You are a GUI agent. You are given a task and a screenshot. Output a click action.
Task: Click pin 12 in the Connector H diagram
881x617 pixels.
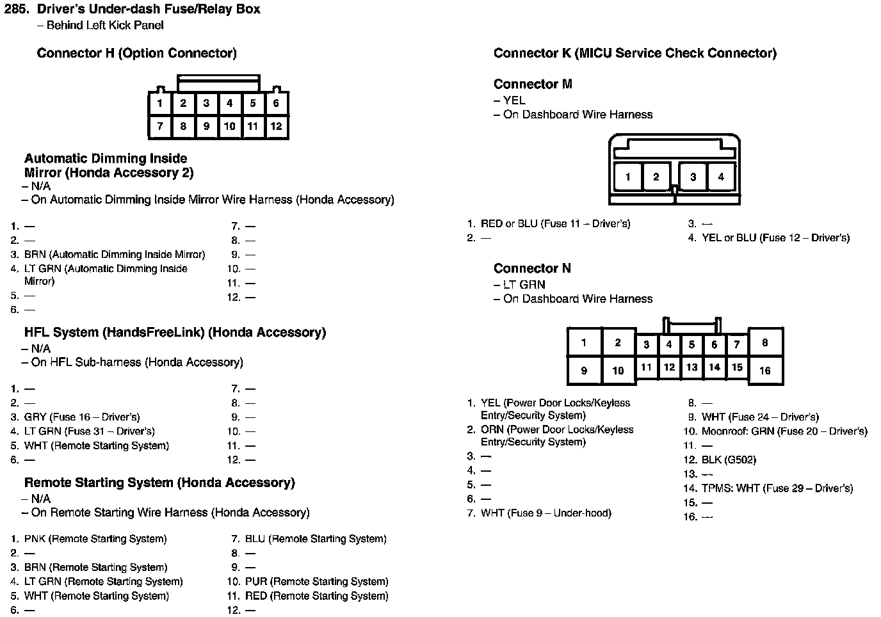(x=276, y=126)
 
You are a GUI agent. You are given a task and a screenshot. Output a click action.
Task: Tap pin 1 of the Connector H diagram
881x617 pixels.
(x=159, y=103)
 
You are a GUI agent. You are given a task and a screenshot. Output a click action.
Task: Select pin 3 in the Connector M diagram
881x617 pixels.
(x=693, y=177)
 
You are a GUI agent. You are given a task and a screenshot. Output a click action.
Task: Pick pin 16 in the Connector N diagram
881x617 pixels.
(x=764, y=371)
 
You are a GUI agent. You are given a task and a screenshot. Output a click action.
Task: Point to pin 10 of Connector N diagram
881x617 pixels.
(x=618, y=371)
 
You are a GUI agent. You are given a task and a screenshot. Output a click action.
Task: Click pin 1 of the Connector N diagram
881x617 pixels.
(x=583, y=342)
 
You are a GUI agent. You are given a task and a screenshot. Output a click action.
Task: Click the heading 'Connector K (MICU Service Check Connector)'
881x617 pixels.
(x=634, y=53)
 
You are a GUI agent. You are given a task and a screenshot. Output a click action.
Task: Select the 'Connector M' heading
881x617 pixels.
(x=533, y=84)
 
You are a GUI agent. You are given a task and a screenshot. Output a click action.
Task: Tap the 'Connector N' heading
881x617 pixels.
(x=532, y=268)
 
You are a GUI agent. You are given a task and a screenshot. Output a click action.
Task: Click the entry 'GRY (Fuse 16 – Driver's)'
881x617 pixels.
(x=82, y=417)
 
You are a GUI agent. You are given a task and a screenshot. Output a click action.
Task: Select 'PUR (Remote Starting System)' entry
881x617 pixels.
(x=316, y=582)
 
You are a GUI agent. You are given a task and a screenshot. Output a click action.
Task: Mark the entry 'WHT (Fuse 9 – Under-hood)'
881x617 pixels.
(x=546, y=513)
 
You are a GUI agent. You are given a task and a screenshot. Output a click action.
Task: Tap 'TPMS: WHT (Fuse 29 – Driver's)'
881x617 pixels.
(x=777, y=488)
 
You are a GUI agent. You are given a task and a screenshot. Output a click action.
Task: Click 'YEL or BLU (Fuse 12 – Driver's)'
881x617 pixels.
(x=775, y=237)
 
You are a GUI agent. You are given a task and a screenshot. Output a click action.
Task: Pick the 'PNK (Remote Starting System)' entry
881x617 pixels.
(x=95, y=539)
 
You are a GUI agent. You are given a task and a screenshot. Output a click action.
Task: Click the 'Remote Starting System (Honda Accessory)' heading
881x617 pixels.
(x=159, y=483)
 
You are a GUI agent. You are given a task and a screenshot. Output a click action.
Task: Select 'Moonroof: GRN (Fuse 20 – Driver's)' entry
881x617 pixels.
(x=784, y=431)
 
